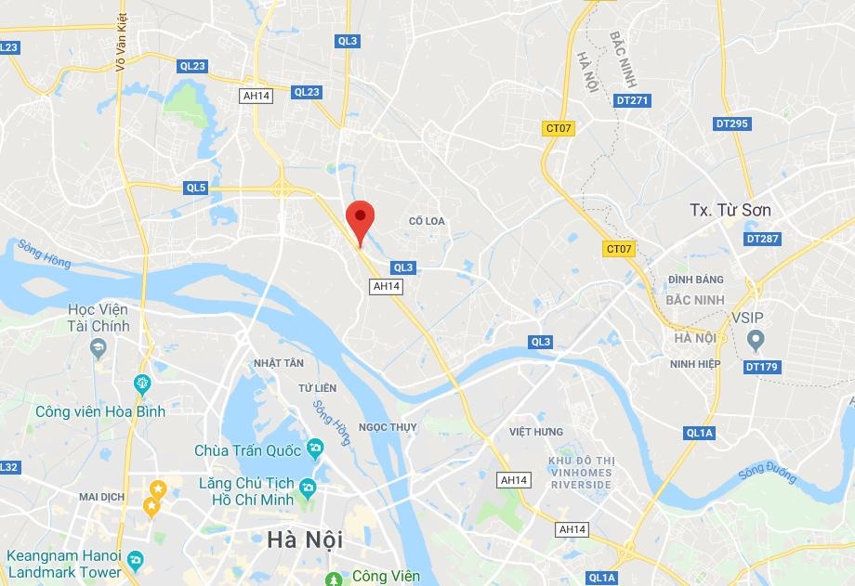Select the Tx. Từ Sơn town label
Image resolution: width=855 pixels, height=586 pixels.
click(730, 210)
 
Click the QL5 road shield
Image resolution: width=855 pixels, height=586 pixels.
click(195, 188)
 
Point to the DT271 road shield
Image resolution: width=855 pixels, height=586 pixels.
click(632, 100)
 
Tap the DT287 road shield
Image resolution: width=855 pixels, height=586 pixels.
click(762, 239)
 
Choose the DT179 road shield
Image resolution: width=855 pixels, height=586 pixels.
click(762, 367)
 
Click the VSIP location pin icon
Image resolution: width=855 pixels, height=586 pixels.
click(755, 341)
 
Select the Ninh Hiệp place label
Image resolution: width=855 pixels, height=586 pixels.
click(695, 364)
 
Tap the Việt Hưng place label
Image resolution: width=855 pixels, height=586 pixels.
click(536, 432)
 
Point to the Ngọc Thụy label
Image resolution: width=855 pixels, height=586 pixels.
click(388, 427)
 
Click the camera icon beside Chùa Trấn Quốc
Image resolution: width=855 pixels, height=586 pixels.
click(315, 449)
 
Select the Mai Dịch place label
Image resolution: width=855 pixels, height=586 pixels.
click(102, 497)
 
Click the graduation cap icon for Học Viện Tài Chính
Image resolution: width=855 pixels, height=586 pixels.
click(98, 347)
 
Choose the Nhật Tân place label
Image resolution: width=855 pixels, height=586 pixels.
click(280, 362)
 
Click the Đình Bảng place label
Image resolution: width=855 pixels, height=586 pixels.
click(695, 280)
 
